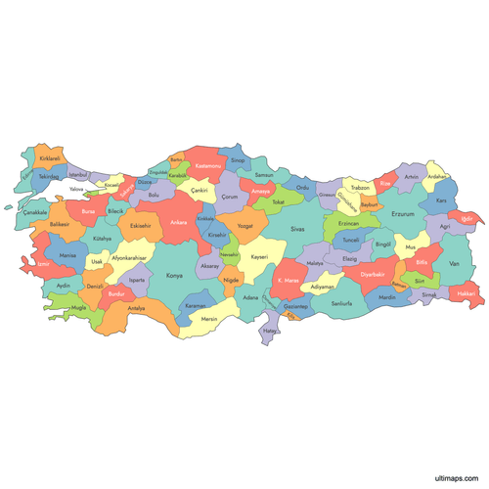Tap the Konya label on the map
click(x=174, y=276)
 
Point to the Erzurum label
click(x=403, y=213)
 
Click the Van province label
click(x=453, y=264)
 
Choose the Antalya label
click(x=136, y=308)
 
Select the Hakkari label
click(x=467, y=293)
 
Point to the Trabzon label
click(x=360, y=186)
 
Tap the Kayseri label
click(x=259, y=256)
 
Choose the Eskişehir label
click(x=140, y=226)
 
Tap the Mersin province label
click(x=208, y=319)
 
